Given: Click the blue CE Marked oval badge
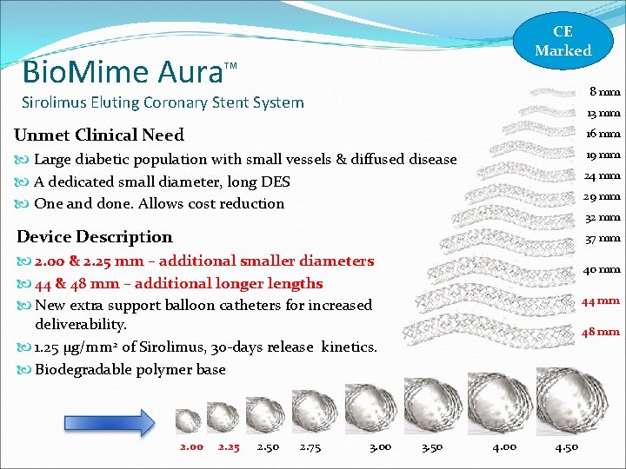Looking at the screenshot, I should pos(563,42).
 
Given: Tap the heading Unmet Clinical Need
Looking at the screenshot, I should pos(99,135).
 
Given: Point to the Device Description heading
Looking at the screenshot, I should pos(95,236).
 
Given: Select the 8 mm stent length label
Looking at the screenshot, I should pos(604,91).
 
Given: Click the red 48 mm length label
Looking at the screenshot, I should pos(601,331).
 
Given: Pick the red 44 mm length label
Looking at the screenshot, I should pos(601,301).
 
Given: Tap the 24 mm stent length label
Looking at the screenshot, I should pos(603,175).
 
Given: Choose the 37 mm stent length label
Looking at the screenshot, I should pos(603,238).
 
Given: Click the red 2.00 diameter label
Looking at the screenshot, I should pos(191,446).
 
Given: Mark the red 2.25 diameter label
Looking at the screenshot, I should pos(229,446).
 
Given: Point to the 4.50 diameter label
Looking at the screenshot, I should pos(567,446).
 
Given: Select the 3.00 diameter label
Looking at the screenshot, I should pos(380,446).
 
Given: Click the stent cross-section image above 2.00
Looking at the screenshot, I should pos(189,420).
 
